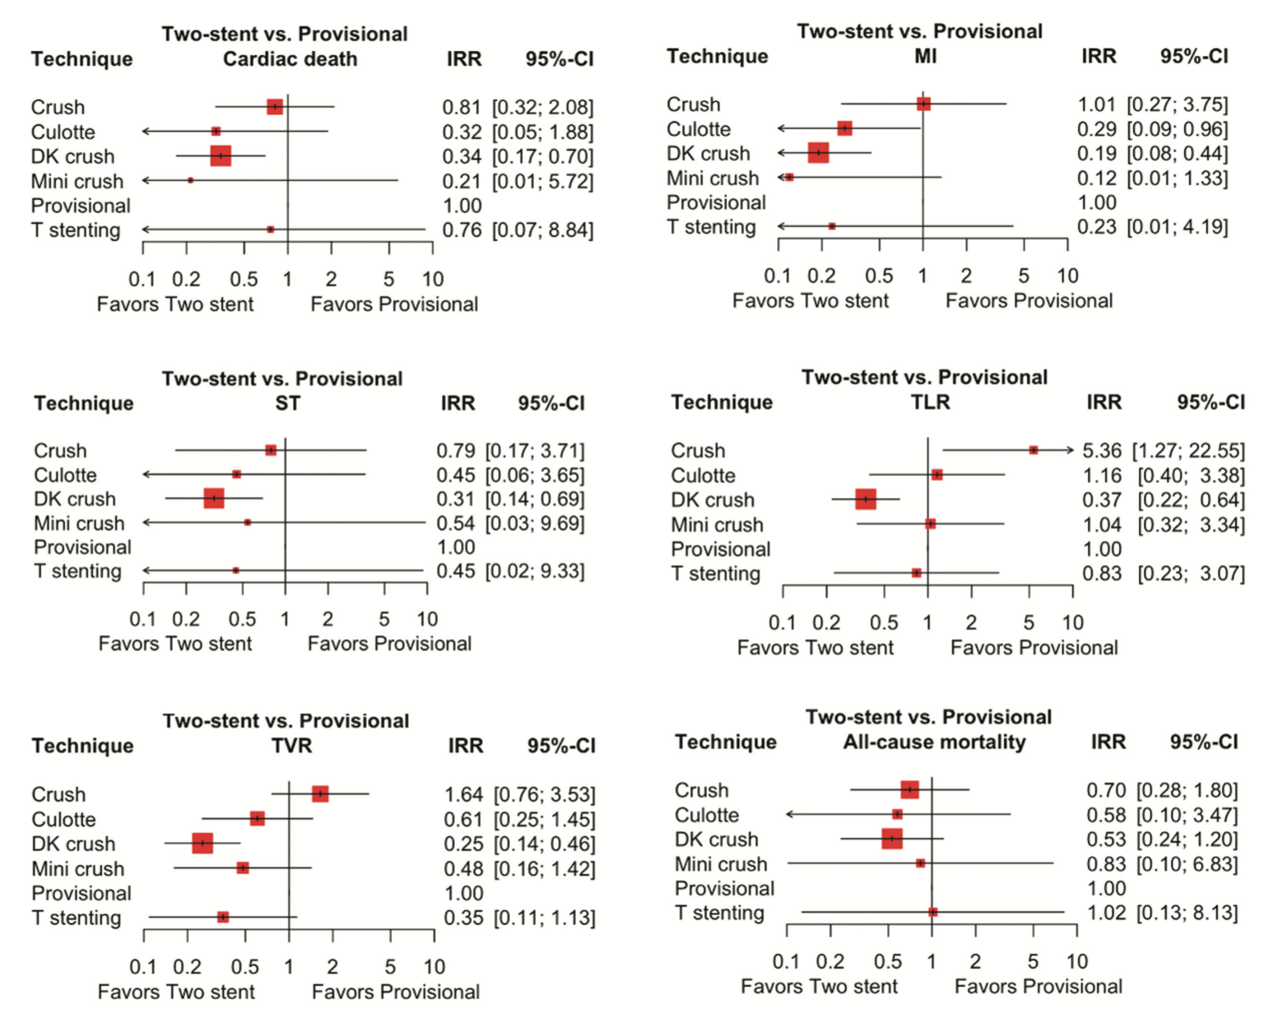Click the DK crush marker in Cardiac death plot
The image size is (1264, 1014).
[221, 156]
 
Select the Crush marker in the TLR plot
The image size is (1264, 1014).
[1034, 449]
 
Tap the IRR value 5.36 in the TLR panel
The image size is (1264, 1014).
[1102, 451]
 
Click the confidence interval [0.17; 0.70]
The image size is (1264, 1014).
[542, 156]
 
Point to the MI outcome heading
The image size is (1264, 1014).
[925, 56]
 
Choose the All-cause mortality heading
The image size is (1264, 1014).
[934, 742]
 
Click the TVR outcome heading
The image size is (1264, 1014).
[291, 746]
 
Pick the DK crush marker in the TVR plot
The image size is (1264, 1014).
[202, 843]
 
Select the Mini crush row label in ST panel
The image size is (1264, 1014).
[79, 523]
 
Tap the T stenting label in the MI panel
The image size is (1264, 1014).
[711, 227]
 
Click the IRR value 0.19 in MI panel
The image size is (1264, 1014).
[1096, 154]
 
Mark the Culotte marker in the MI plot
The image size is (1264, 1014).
[844, 128]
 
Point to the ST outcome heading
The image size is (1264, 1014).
[287, 402]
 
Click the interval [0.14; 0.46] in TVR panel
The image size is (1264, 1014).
[544, 844]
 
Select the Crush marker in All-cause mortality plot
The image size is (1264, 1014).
[909, 790]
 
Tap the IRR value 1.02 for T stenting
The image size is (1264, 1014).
[1106, 913]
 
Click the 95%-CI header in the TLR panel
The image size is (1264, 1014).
[1210, 402]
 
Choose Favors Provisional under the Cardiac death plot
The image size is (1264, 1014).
[394, 305]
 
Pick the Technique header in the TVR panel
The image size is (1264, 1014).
[82, 746]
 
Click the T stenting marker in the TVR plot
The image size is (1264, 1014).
[222, 917]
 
